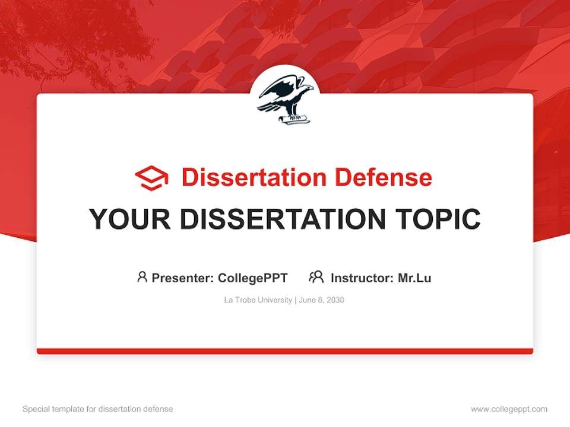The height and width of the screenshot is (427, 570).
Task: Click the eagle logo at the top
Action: [285, 98]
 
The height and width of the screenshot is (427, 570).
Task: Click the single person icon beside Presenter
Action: [142, 277]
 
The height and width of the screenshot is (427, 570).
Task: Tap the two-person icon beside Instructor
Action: [316, 277]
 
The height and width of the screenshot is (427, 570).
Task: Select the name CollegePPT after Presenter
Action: [253, 278]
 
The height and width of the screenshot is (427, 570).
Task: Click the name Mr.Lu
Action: [414, 278]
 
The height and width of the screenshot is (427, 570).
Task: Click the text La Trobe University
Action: [258, 300]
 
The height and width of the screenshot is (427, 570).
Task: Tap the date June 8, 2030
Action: [322, 300]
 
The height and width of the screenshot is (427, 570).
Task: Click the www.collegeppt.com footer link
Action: [509, 409]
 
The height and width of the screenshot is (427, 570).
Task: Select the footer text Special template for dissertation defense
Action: [97, 409]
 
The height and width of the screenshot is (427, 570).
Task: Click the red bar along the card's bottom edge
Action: [285, 351]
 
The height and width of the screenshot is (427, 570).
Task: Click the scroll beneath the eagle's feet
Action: [294, 119]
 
